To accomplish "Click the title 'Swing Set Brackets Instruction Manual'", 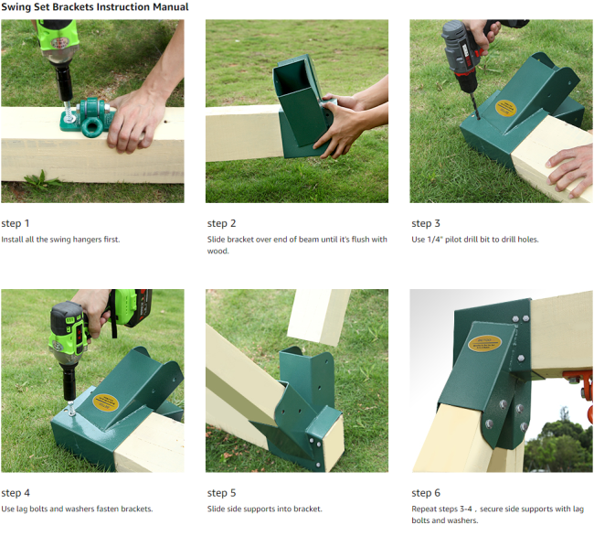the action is pyautogui.click(x=95, y=7).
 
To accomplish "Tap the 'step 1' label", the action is pyautogui.click(x=16, y=223).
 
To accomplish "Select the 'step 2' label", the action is pyautogui.click(x=222, y=223).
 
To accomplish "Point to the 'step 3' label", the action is pyautogui.click(x=426, y=223).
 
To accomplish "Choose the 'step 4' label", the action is pyautogui.click(x=16, y=493).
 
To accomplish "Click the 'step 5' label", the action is pyautogui.click(x=222, y=493).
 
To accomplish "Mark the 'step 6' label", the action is pyautogui.click(x=426, y=493).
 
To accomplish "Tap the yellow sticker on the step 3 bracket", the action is pyautogui.click(x=505, y=108).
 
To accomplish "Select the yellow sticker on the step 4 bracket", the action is pyautogui.click(x=105, y=402).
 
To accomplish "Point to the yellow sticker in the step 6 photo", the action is pyautogui.click(x=484, y=343).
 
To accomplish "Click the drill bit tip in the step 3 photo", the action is pyautogui.click(x=479, y=118).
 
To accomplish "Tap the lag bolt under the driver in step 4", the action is pyautogui.click(x=71, y=409).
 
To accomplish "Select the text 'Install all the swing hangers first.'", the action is pyautogui.click(x=60, y=240).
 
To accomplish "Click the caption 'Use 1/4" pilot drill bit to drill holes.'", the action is pyautogui.click(x=475, y=240).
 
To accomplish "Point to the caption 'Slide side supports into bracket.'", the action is pyautogui.click(x=264, y=509).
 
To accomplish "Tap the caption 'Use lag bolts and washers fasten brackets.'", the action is pyautogui.click(x=77, y=509).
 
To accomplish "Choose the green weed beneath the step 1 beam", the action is pyautogui.click(x=42, y=180).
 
